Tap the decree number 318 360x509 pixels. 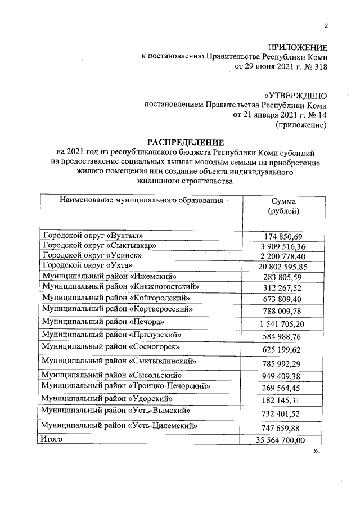[x=320, y=67]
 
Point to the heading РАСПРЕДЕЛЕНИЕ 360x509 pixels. [x=185, y=142]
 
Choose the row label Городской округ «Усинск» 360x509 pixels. [x=92, y=255]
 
